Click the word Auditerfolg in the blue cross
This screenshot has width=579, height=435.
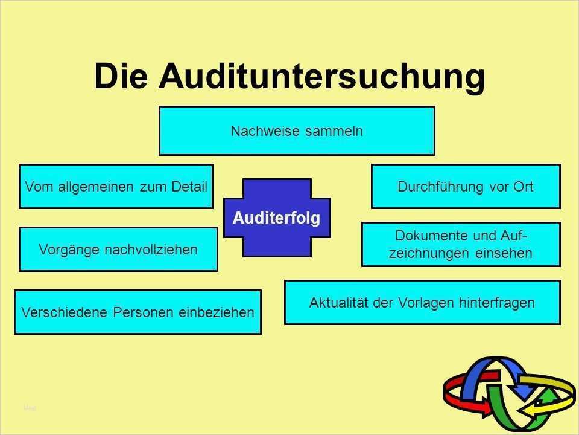[277, 217]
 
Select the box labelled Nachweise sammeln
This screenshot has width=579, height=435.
[297, 131]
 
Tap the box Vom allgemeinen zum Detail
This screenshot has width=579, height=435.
[116, 186]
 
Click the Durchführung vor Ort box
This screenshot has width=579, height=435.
[466, 186]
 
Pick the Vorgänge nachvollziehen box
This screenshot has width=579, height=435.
[118, 249]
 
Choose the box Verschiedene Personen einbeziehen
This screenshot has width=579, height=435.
[138, 312]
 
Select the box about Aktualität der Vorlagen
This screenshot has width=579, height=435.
[422, 302]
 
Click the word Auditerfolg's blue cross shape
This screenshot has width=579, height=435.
[277, 242]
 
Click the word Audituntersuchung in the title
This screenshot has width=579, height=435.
[322, 77]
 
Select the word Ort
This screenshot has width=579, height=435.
[522, 186]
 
